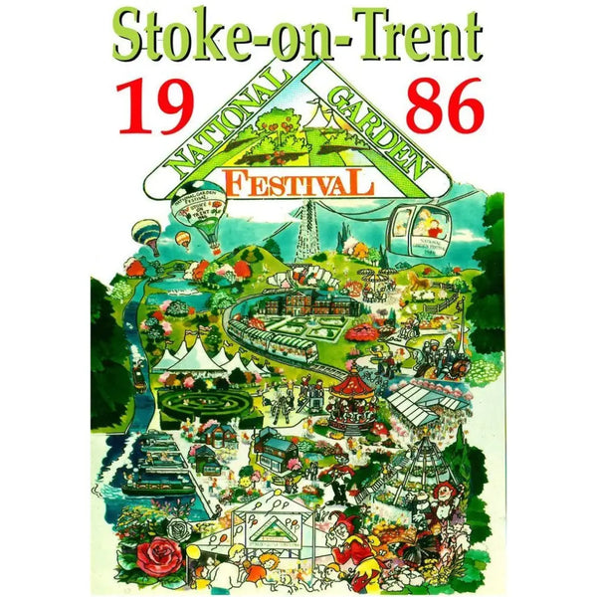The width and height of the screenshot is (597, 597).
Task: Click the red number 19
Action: pyautogui.click(x=151, y=106)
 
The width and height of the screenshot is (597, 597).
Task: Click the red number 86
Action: pyautogui.click(x=444, y=106)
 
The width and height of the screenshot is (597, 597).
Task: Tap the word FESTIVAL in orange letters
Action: pyautogui.click(x=298, y=183)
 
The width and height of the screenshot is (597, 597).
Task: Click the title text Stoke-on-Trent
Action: pyautogui.click(x=298, y=37)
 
